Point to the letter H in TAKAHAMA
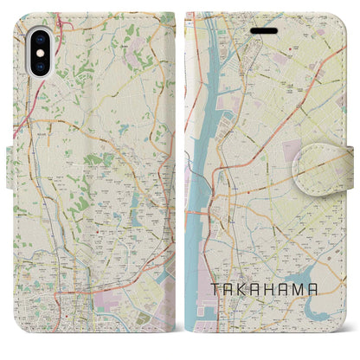276,289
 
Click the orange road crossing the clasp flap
333,152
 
